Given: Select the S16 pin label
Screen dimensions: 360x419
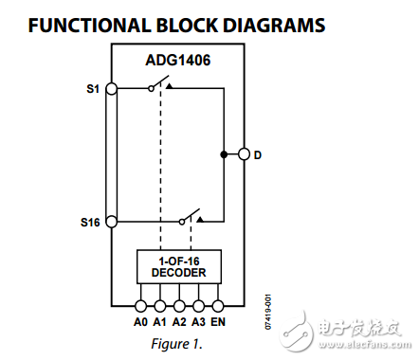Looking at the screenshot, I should click(x=89, y=223).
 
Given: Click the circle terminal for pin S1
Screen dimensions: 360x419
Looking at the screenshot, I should click(x=111, y=88).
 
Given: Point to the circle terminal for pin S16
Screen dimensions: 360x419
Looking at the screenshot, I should click(x=111, y=223).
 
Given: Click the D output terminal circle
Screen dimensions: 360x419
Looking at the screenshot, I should click(x=245, y=153).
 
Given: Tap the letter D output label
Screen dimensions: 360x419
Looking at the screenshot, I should click(x=259, y=153).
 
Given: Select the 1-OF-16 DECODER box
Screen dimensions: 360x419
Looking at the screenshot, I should click(x=177, y=266).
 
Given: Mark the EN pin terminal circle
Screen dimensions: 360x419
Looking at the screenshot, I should click(x=218, y=306).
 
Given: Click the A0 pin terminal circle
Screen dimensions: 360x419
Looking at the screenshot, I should click(x=140, y=306).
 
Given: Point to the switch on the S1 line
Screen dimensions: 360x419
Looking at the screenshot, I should click(x=158, y=87).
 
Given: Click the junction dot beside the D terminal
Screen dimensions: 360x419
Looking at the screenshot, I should click(x=225, y=153).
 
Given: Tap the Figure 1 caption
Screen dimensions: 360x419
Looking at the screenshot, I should click(x=177, y=343).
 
